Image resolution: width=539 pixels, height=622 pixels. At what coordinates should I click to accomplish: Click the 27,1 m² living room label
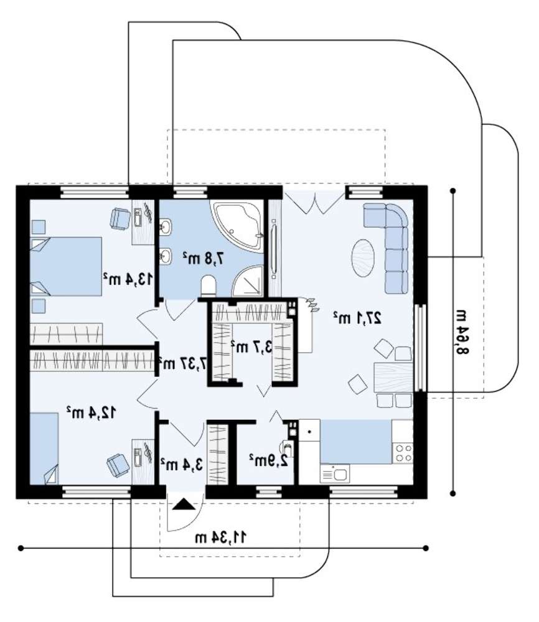[357, 318]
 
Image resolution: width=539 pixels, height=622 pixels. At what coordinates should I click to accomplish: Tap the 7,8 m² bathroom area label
[204, 258]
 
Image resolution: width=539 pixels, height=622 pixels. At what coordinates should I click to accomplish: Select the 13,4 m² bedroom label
[128, 279]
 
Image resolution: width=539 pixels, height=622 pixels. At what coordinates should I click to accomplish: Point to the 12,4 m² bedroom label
[91, 412]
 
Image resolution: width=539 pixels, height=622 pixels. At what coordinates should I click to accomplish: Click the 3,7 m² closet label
[251, 347]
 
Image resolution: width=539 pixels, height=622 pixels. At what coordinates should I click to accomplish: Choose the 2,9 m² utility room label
[269, 460]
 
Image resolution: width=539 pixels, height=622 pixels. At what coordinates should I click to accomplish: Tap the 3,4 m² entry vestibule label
[182, 463]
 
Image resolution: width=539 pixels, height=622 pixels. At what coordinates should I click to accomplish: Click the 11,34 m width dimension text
[220, 537]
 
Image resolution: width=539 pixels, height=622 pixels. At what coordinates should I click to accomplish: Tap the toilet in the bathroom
[209, 285]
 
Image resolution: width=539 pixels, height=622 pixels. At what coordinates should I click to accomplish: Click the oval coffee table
[363, 258]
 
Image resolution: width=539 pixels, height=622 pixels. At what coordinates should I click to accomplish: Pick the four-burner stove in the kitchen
[403, 453]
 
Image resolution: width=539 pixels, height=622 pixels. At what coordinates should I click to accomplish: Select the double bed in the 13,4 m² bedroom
[66, 267]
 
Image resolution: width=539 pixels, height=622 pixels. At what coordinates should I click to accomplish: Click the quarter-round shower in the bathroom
[248, 281]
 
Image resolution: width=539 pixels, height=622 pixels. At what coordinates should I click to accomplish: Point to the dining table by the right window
[393, 378]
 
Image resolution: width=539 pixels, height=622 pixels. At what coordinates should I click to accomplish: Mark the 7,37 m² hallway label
[182, 363]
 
